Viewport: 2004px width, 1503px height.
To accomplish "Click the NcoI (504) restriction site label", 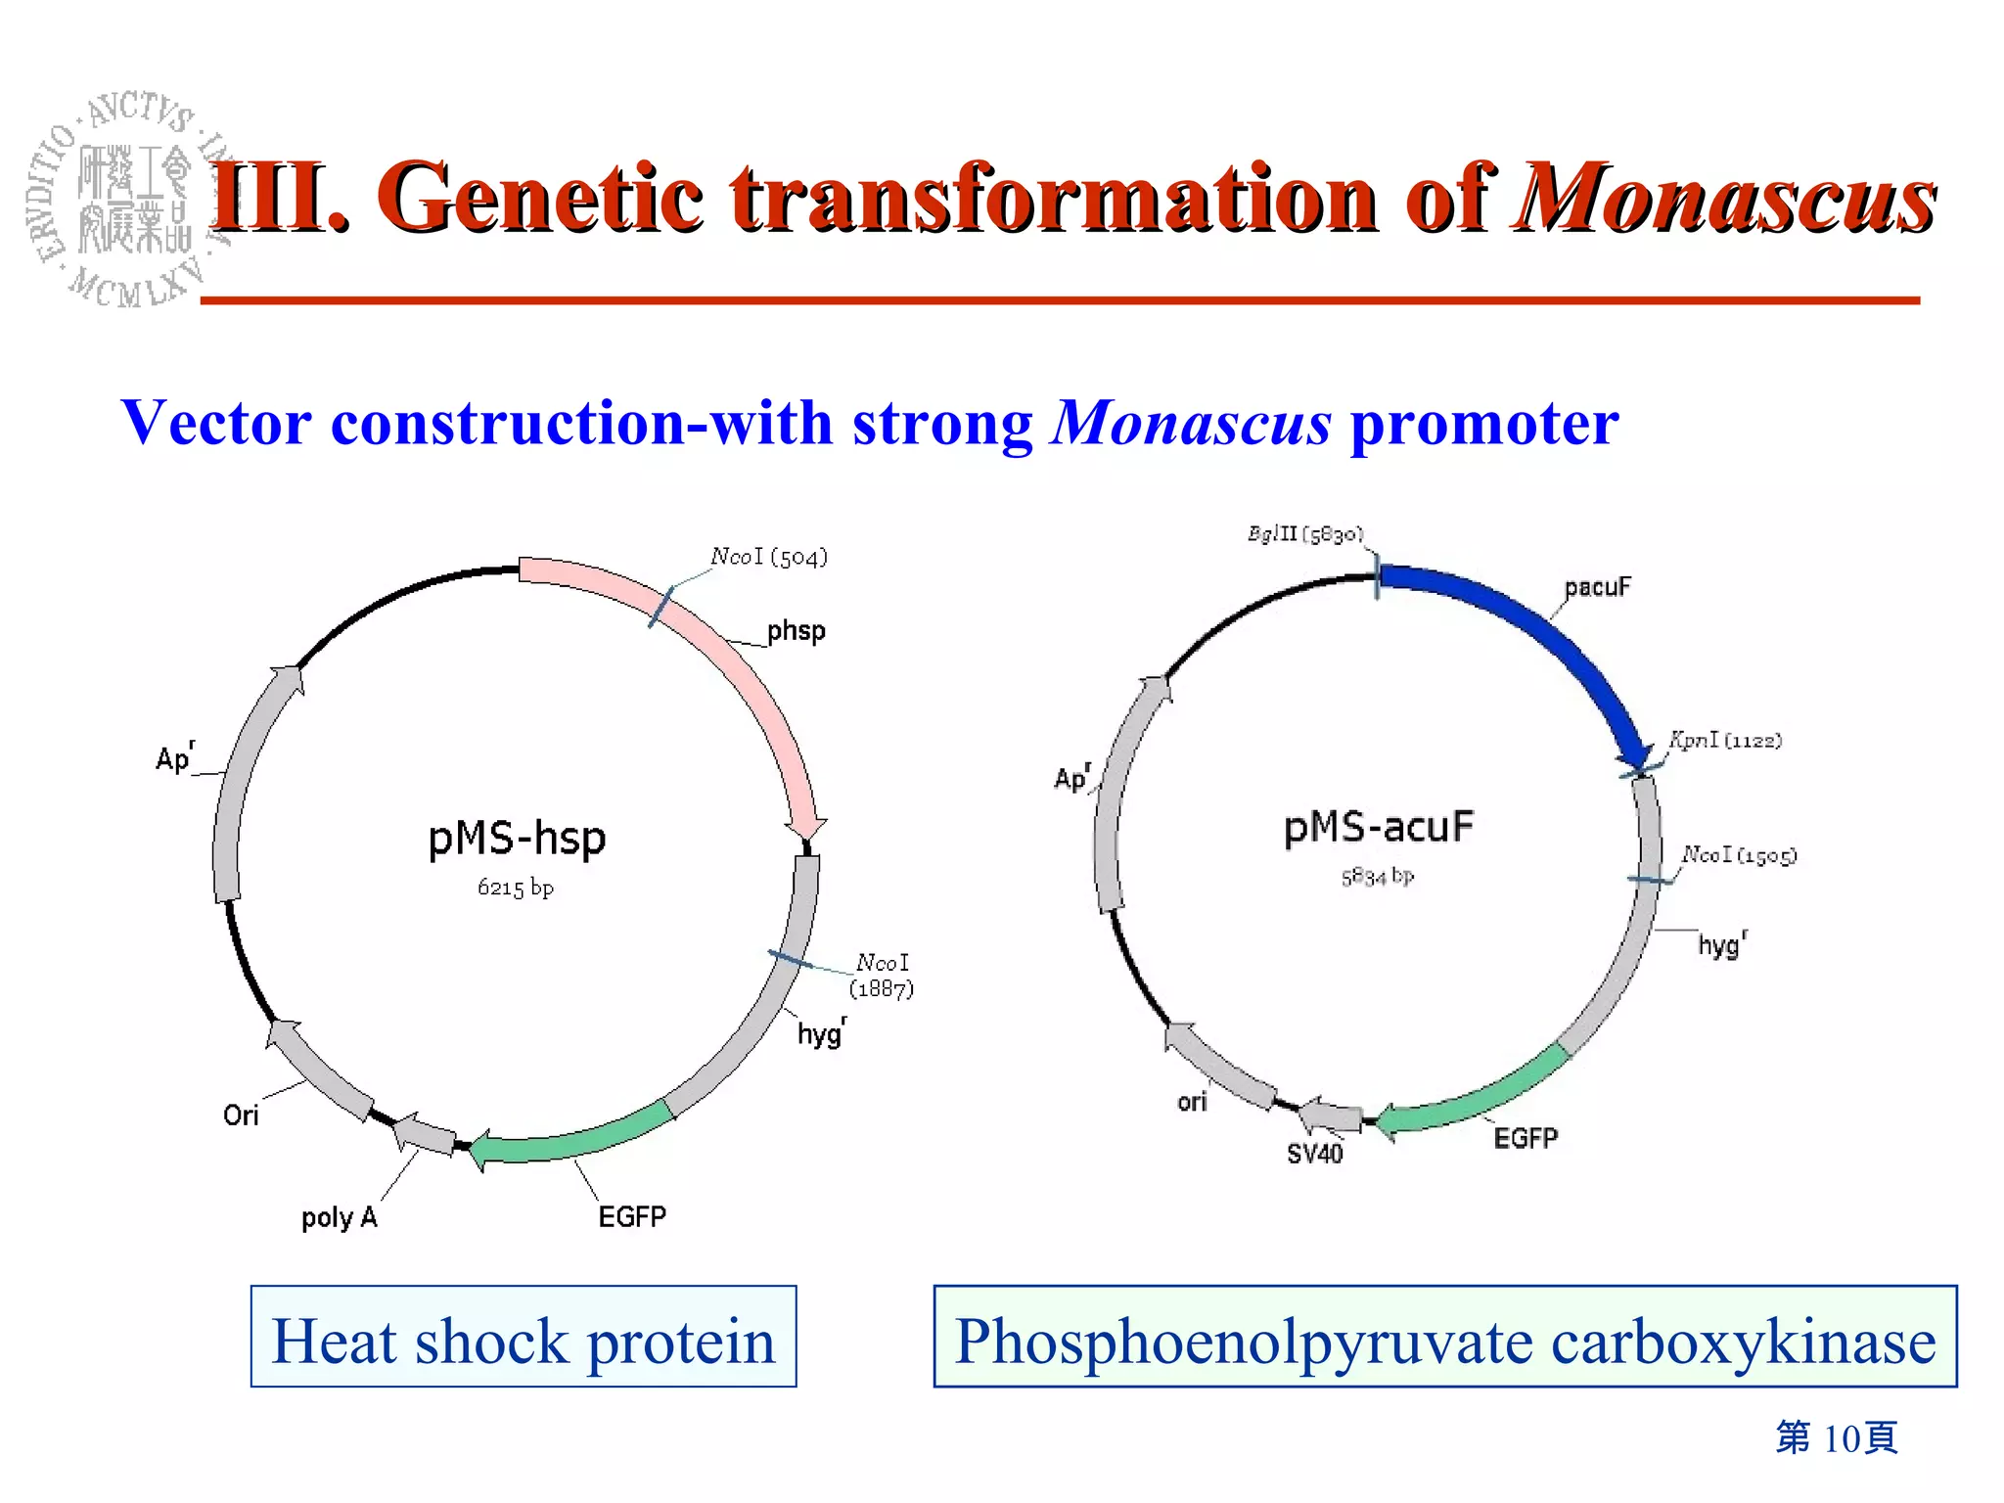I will (x=769, y=557).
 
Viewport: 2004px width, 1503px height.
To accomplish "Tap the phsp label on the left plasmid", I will (x=796, y=631).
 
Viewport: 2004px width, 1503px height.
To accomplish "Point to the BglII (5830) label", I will (x=1304, y=534).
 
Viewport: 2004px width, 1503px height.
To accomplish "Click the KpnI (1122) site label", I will (x=1725, y=741).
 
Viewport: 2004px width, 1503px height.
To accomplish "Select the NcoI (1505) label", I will (x=1739, y=855).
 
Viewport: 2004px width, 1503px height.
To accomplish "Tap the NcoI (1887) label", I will (x=882, y=976).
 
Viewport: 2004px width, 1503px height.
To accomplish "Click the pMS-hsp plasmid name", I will (x=517, y=839).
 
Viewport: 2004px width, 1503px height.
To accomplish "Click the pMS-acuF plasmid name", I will (x=1378, y=828).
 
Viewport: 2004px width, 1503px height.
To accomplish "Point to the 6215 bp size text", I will (x=515, y=888).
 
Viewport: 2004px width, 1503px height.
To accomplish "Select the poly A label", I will (x=339, y=1217).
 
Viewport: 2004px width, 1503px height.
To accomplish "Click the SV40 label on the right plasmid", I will (x=1314, y=1154).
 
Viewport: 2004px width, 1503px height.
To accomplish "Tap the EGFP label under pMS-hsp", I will (x=632, y=1216).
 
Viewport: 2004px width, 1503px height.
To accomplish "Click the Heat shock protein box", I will (x=524, y=1337).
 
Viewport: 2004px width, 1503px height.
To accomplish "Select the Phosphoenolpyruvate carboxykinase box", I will (x=1444, y=1337).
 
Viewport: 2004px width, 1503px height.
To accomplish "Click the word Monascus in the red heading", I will (x=1725, y=199).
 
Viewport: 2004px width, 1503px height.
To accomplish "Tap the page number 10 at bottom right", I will (x=1837, y=1437).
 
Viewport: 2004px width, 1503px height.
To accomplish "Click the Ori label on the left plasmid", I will (x=241, y=1116).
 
